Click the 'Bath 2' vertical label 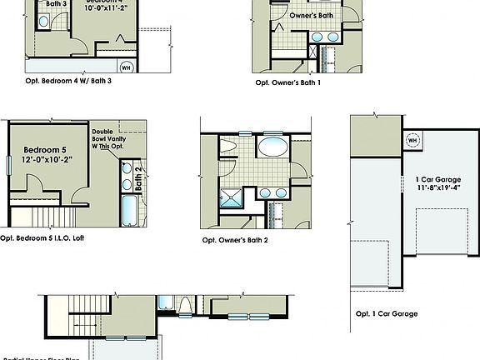coord(138,177)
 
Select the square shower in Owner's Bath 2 coord(228,197)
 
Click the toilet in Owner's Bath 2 coord(229,147)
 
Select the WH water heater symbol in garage coord(412,140)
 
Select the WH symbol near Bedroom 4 coord(127,67)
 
